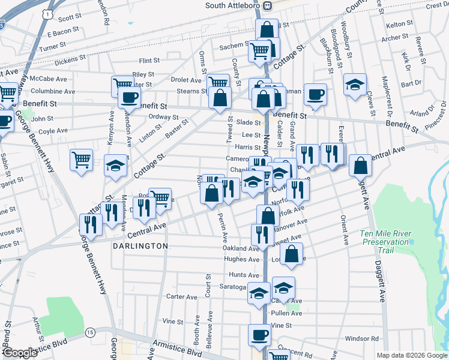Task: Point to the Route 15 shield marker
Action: pos(90,332)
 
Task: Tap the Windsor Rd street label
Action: pos(362,339)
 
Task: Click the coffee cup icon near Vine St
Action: pos(260,335)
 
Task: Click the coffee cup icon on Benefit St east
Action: pos(315,94)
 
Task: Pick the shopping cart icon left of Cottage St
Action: pos(81,160)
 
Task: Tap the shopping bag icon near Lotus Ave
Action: pos(291,253)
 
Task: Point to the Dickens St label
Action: pos(70,61)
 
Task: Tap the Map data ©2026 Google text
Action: pos(411,355)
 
